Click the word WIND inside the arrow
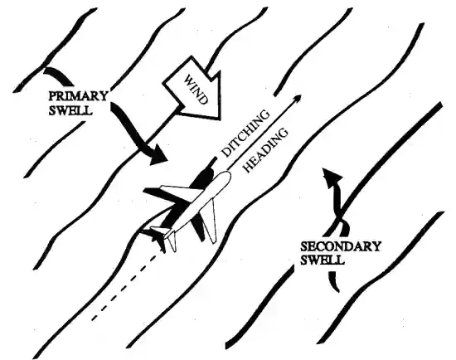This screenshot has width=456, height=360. coord(196,90)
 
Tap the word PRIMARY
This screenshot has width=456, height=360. coord(78,96)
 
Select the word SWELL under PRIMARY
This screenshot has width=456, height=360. coord(70,110)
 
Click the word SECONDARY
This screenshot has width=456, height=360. coord(340,246)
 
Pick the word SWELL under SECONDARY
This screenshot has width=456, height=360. coord(323,260)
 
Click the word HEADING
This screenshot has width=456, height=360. coord(265,151)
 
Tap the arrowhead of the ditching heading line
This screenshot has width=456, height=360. coord(298,98)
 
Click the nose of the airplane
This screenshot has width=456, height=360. coord(228,174)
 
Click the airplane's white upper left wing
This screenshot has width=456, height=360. coord(176,194)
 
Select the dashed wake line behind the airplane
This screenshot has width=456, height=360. coord(125,288)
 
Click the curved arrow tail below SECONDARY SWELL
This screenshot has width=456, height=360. coord(333,281)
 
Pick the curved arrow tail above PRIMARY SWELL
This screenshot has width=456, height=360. coord(59,75)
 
